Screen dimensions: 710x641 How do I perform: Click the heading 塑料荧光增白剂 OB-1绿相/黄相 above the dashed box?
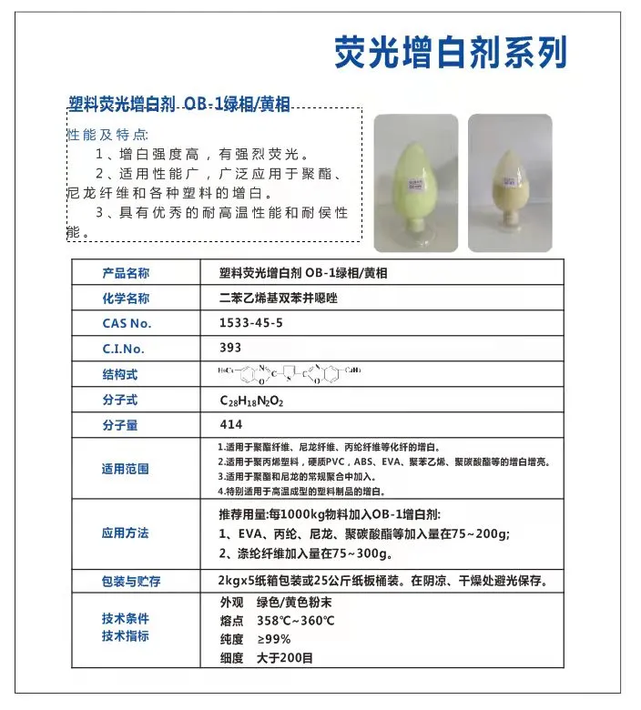pyautogui.click(x=179, y=105)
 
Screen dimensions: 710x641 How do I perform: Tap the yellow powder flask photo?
pyautogui.click(x=510, y=182)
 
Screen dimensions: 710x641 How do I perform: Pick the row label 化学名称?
pyautogui.click(x=126, y=299)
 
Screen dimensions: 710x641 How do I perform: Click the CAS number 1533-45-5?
pyautogui.click(x=251, y=322)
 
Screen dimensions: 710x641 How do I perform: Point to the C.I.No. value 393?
pyautogui.click(x=230, y=347)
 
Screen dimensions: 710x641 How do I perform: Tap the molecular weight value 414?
pyautogui.click(x=231, y=424)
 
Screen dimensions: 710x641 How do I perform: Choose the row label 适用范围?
pyautogui.click(x=126, y=470)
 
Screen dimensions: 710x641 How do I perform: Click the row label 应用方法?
pyautogui.click(x=126, y=533)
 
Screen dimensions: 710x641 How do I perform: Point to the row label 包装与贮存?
pyautogui.click(x=131, y=581)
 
